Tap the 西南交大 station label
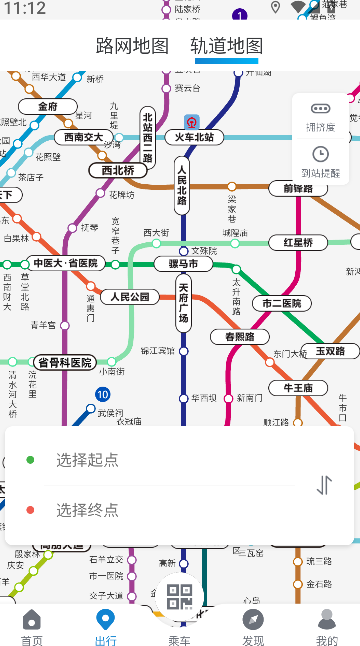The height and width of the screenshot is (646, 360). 83,137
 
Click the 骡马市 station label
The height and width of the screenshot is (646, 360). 183,264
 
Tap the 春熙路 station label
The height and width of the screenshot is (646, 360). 240,337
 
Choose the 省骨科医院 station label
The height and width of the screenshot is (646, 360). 64,362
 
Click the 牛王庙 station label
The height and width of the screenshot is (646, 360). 299,388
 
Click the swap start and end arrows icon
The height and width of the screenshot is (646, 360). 324,485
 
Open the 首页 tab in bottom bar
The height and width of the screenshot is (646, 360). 32,626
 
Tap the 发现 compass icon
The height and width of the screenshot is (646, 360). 253,620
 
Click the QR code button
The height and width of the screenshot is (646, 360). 180,597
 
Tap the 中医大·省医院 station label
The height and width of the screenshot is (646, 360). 66,263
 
